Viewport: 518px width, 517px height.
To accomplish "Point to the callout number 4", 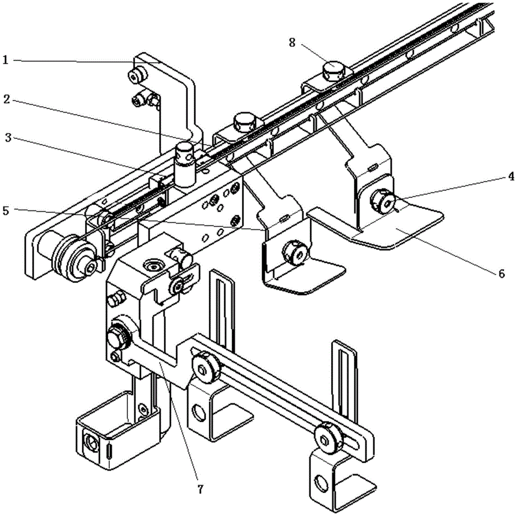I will click(x=511, y=177).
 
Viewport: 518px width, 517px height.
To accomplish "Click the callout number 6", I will click(x=501, y=274).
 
